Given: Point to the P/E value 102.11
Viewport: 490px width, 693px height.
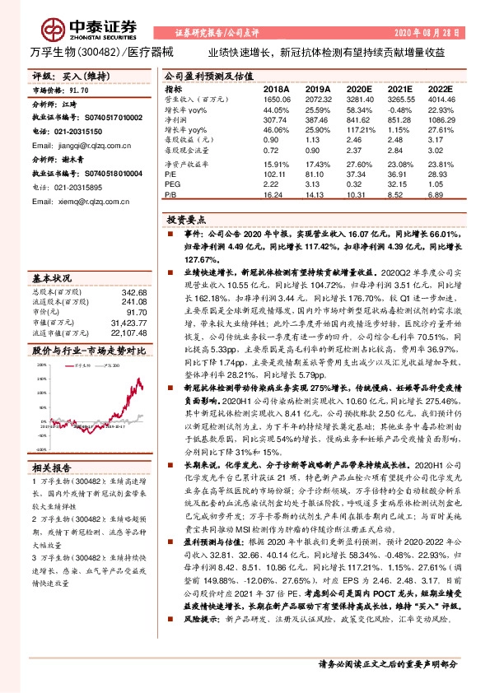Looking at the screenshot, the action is (273, 174).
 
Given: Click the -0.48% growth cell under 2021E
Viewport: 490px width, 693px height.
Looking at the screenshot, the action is (399, 109).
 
